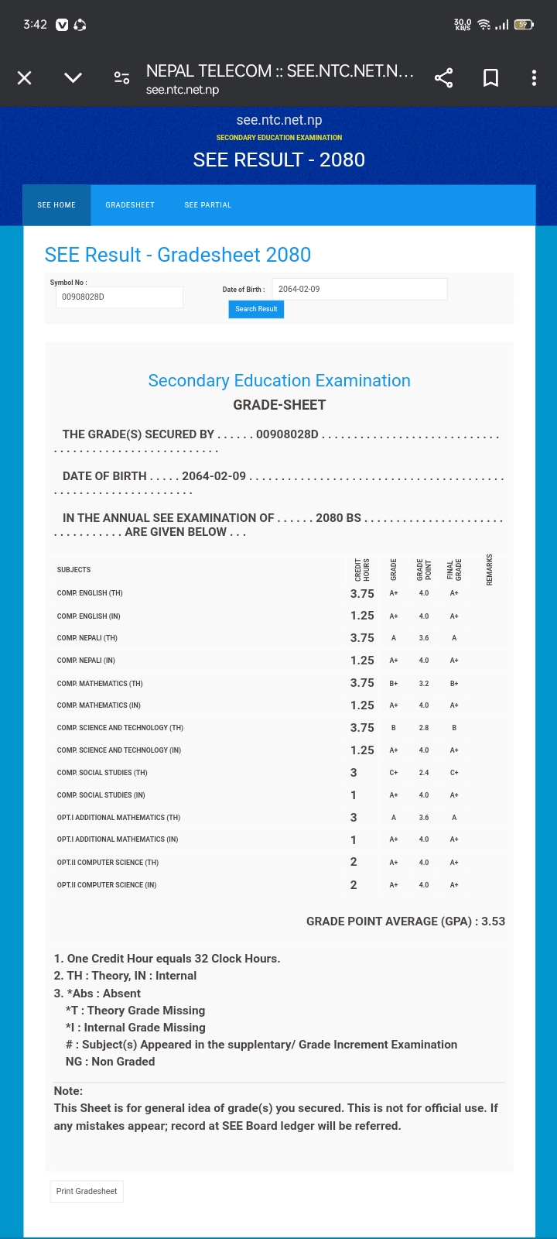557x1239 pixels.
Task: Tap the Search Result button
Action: tap(256, 309)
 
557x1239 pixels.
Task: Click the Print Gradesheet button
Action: tap(87, 1191)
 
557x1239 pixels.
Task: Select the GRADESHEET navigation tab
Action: tap(130, 205)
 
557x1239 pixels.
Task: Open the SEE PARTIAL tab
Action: tap(207, 205)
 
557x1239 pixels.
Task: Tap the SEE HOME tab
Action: tap(56, 205)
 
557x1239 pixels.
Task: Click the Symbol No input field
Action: tap(119, 297)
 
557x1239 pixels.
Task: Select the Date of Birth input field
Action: tap(360, 289)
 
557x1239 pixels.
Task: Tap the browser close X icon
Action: tap(25, 77)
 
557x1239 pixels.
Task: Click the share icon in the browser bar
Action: tap(443, 77)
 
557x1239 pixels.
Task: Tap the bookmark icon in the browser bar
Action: tap(490, 77)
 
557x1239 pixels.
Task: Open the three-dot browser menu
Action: tap(534, 77)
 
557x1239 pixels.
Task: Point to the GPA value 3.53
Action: tap(493, 922)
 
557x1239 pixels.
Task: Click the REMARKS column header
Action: tap(490, 570)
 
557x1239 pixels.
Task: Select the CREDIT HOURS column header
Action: tap(362, 570)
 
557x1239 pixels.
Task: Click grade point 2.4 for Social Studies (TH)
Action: tap(424, 773)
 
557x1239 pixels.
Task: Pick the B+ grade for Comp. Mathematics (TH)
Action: tap(394, 684)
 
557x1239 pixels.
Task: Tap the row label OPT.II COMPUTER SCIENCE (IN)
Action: tap(107, 885)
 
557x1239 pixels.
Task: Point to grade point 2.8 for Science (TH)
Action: tap(424, 728)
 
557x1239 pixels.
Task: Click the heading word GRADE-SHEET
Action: tap(279, 405)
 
